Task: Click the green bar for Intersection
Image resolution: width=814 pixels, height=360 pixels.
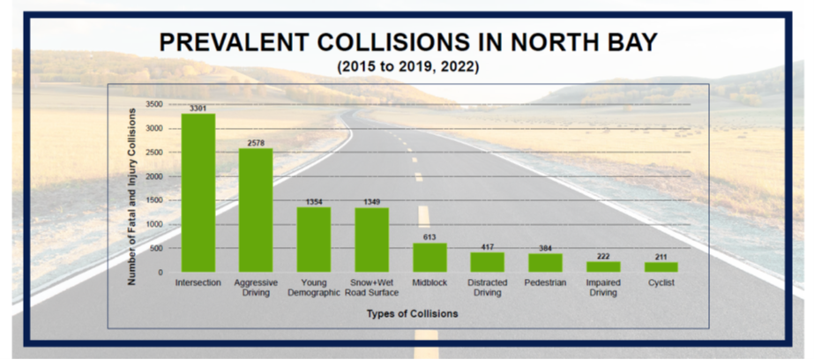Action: click(198, 192)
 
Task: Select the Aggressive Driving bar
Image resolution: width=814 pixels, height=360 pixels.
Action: click(256, 210)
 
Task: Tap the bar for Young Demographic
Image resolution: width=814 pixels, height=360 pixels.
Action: click(314, 239)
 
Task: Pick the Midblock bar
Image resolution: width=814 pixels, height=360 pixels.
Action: click(429, 257)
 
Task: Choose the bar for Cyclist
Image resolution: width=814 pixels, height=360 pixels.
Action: click(661, 267)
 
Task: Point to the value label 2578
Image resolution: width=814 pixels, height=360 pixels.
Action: click(256, 143)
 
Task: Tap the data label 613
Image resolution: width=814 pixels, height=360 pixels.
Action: click(429, 237)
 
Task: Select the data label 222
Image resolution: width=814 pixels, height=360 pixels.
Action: click(603, 256)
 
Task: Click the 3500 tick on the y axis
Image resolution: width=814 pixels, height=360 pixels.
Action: click(156, 104)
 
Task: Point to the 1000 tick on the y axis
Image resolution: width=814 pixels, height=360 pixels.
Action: click(156, 224)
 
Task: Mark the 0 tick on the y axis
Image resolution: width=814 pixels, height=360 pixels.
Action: click(161, 273)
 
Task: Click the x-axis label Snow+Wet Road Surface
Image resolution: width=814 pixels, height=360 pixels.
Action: click(371, 288)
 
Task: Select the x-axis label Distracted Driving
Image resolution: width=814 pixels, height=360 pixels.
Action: click(488, 288)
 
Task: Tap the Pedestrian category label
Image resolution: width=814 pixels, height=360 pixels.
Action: click(545, 282)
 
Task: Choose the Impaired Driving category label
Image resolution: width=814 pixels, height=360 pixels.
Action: click(603, 288)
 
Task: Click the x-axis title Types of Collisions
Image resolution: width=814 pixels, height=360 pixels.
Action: click(412, 313)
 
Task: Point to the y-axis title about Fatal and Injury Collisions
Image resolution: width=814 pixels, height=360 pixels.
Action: click(132, 196)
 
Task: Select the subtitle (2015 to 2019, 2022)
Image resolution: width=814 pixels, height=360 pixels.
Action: click(407, 67)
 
